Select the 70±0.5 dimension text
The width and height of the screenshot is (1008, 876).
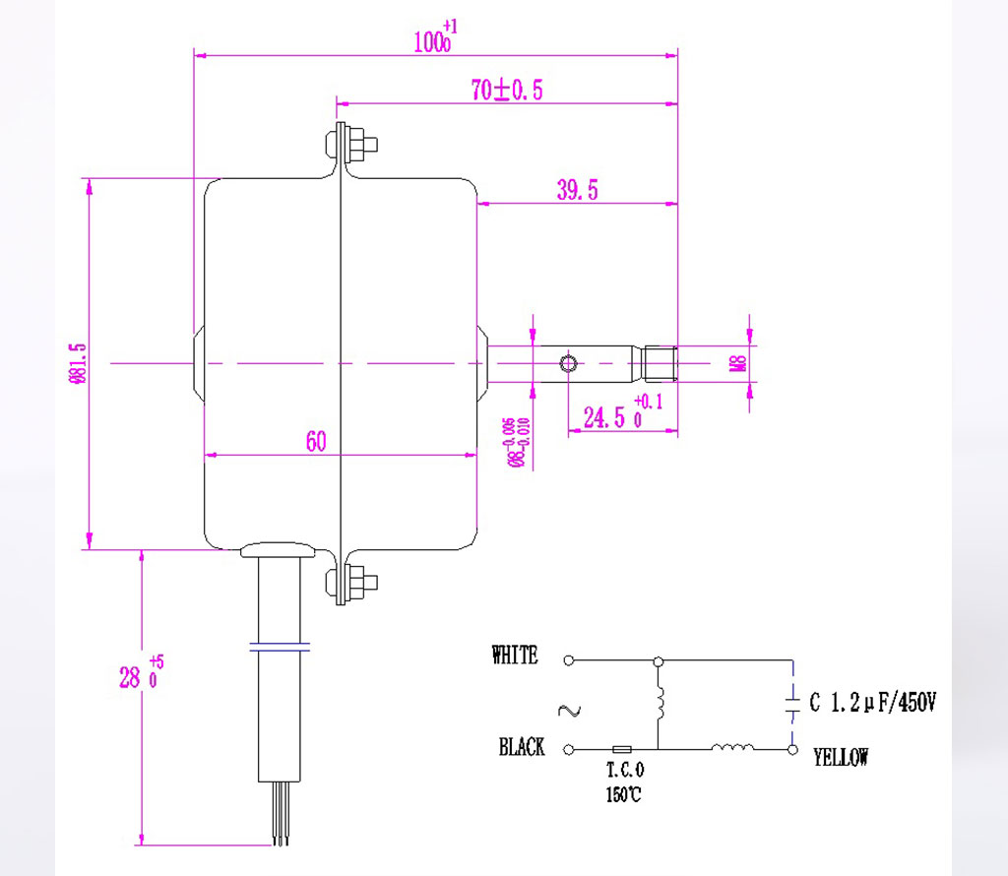507,91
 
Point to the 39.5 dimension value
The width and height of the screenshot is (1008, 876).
577,191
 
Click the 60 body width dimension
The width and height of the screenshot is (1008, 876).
315,441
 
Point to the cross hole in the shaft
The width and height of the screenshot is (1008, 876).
568,364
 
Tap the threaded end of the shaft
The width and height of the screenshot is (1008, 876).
661,364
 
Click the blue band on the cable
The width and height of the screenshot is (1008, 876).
280,648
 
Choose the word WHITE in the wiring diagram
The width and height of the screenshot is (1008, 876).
515,656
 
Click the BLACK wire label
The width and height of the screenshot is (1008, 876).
522,748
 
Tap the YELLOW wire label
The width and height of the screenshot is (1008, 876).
841,757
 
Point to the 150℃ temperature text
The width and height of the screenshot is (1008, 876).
623,795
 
